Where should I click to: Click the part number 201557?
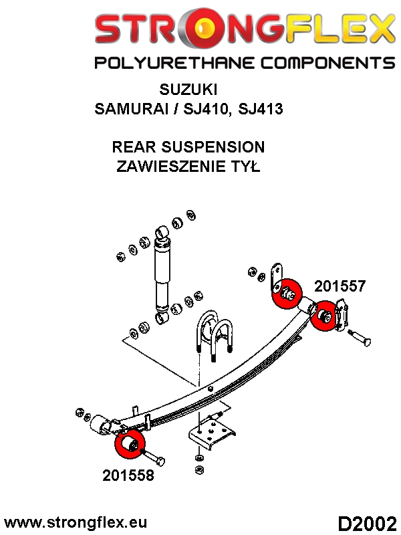coord(340,286)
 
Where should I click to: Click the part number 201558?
coord(128,475)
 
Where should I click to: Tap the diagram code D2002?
coord(366,522)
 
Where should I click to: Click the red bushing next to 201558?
coord(130,445)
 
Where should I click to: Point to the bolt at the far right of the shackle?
coord(360,338)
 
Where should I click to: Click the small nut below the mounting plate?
coord(199,458)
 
